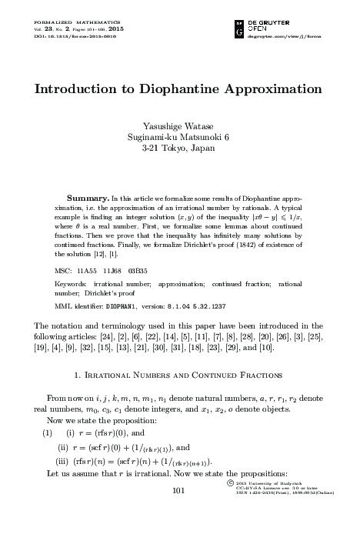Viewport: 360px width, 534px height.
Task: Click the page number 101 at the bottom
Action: (x=179, y=512)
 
